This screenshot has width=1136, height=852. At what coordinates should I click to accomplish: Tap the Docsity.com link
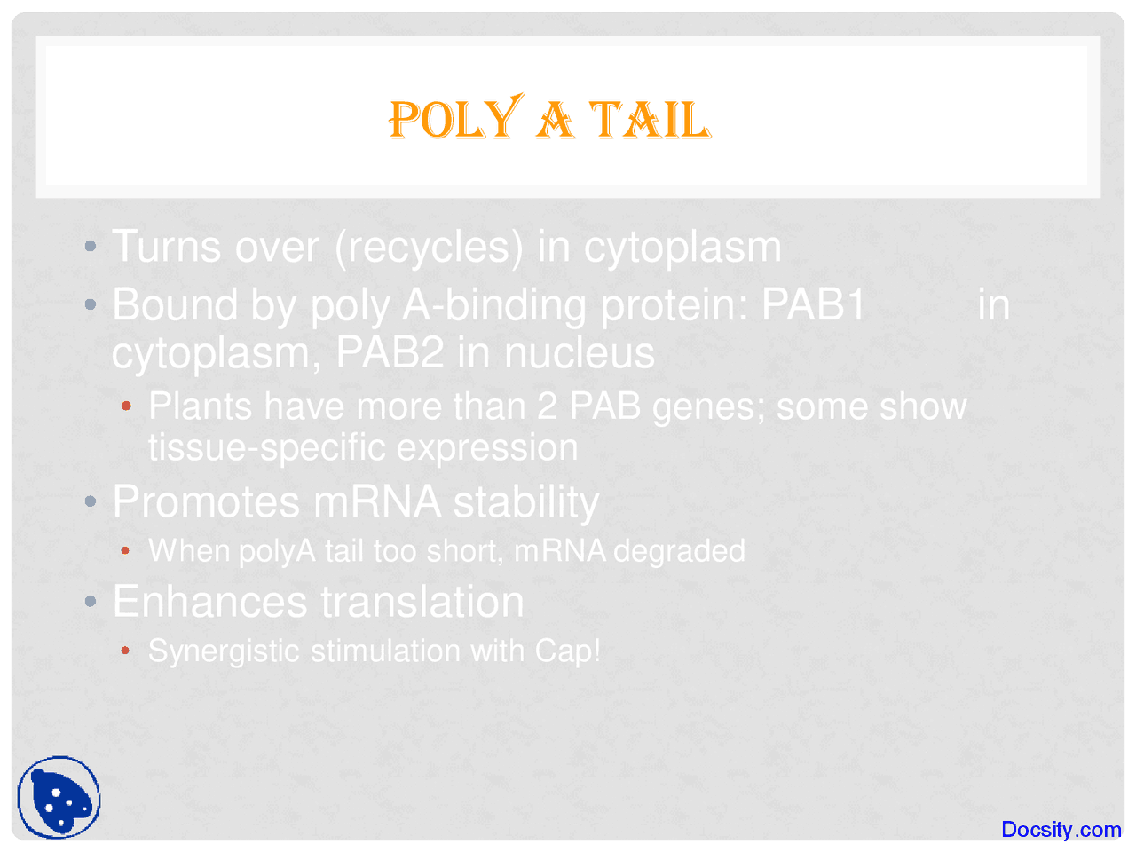pyautogui.click(x=1061, y=829)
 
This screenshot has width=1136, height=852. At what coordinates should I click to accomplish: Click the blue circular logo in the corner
pyautogui.click(x=59, y=798)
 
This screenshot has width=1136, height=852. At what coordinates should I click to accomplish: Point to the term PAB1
pyautogui.click(x=814, y=304)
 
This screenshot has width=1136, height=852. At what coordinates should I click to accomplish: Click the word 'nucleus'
pyautogui.click(x=580, y=352)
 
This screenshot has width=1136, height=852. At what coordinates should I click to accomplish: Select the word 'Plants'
pyautogui.click(x=201, y=406)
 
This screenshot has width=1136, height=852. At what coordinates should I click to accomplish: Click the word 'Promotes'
pyautogui.click(x=206, y=501)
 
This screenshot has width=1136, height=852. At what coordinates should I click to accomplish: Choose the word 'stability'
pyautogui.click(x=526, y=502)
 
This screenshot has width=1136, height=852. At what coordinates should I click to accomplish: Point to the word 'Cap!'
pyautogui.click(x=567, y=651)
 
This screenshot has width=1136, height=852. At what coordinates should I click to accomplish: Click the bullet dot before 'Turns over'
pyautogui.click(x=91, y=247)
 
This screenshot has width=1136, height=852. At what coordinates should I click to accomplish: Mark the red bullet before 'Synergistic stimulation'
pyautogui.click(x=126, y=651)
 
